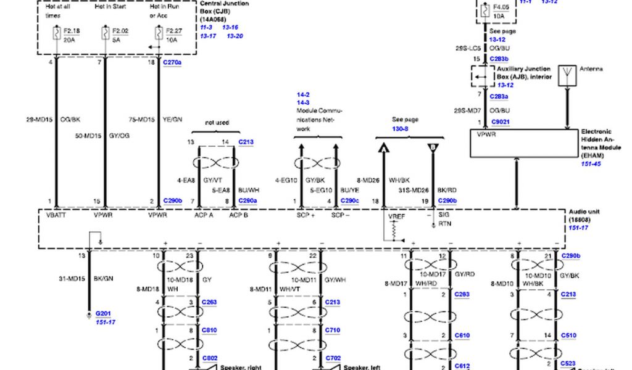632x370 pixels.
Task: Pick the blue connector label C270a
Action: (x=172, y=62)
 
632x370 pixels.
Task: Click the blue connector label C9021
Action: (x=500, y=122)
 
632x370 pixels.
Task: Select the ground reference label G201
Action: (x=102, y=314)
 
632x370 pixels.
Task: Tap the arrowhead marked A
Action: (x=383, y=149)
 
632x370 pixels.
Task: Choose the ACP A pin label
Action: (x=204, y=216)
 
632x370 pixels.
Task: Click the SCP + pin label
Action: (x=305, y=216)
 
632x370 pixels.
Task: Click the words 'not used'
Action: (x=217, y=122)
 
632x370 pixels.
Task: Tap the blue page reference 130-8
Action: (x=400, y=128)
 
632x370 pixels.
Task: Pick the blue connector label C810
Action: (x=210, y=331)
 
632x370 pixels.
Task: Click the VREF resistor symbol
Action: (x=391, y=229)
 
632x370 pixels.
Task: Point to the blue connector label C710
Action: (x=333, y=331)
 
